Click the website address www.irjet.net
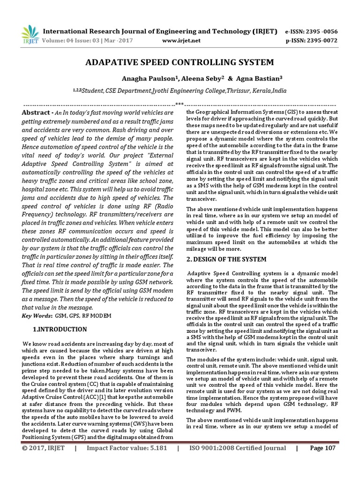181,40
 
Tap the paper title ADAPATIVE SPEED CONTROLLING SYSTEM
180,62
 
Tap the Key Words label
37,315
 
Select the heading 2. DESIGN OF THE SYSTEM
226,259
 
